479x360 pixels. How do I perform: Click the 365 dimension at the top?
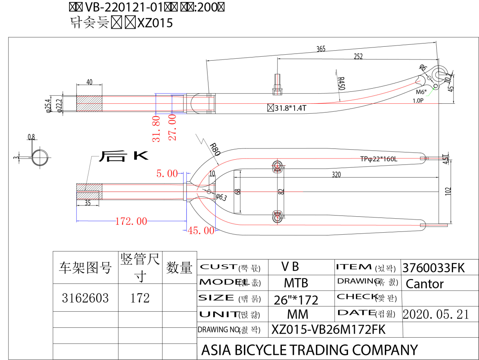pos(321,49)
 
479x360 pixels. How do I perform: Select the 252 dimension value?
pos(358,57)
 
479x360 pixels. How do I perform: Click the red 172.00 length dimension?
pos(131,221)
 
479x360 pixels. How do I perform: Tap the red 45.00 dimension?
pos(201,230)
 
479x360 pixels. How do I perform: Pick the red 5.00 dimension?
pos(167,173)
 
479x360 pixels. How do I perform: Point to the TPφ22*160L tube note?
pos(379,159)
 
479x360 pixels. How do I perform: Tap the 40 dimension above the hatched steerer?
pos(89,82)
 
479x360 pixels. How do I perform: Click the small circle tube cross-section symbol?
pos(40,157)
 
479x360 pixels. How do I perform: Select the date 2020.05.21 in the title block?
pos(436,314)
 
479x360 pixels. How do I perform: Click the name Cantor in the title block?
pos(425,284)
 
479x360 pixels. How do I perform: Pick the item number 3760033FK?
pos(434,268)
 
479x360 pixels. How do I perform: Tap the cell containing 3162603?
pos(85,298)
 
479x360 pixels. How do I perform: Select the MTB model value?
pos(296,283)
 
